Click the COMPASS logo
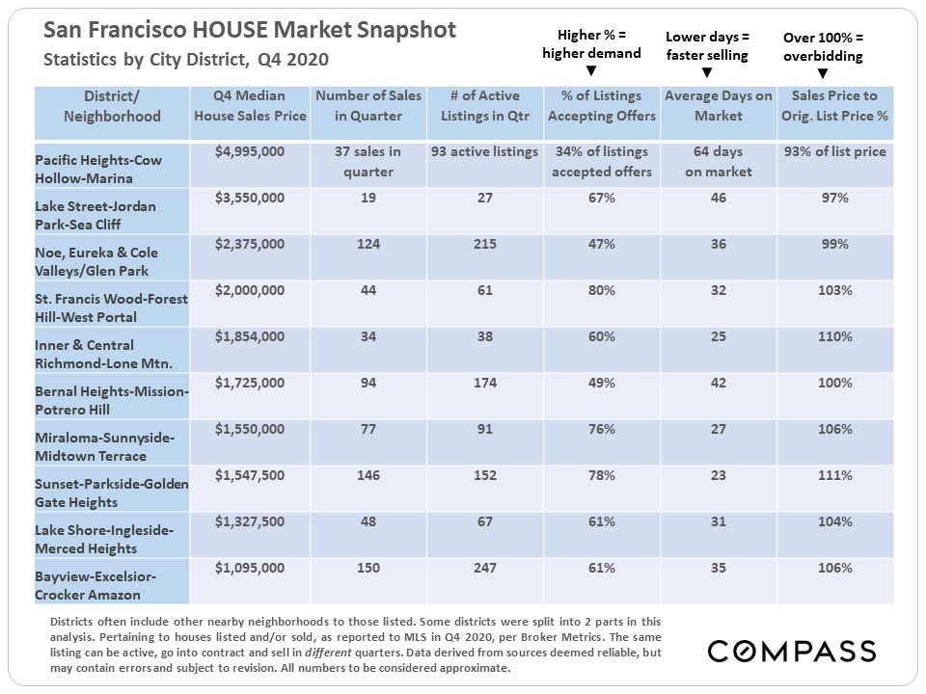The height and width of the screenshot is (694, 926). point(792,651)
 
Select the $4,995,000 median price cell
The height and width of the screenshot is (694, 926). point(250,151)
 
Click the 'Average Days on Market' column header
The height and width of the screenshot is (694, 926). point(719,105)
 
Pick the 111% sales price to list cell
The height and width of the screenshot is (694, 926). point(834,475)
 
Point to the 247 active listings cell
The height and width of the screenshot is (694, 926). point(485,568)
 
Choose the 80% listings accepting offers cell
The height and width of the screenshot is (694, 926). point(602,290)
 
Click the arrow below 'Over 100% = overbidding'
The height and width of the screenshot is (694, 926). point(823,73)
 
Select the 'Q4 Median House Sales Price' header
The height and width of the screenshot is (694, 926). point(250,105)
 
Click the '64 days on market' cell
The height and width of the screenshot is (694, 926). point(719,161)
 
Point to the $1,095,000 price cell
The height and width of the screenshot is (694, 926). point(250,568)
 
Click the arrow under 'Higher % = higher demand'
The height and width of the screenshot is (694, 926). point(590,70)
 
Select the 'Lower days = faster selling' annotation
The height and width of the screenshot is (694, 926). point(706,45)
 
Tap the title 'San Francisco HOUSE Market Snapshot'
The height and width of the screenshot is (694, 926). point(250,30)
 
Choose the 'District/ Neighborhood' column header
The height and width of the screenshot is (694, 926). point(112,105)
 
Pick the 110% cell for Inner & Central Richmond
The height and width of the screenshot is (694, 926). point(834,336)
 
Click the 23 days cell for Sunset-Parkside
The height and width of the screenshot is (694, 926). point(719,475)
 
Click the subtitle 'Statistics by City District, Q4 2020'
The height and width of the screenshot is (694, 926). point(186,60)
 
